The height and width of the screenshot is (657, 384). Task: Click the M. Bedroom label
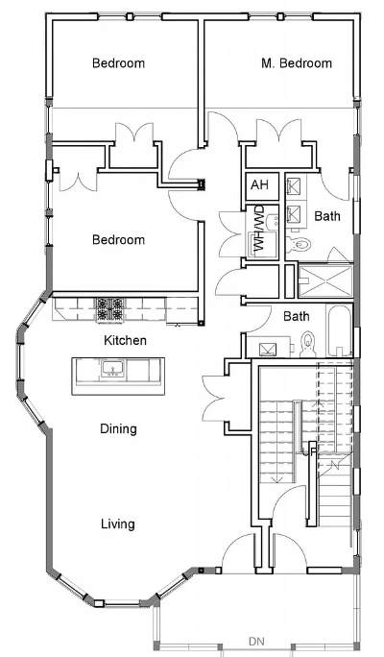tap(297, 63)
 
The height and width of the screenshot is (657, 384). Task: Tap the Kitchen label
tap(126, 340)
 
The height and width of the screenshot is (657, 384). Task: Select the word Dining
tap(118, 429)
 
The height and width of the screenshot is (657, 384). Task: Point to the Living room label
tap(118, 523)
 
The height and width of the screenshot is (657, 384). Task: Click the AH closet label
tap(259, 185)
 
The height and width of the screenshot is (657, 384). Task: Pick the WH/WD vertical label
tap(259, 231)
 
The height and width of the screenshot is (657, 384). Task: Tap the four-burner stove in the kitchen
tap(108, 309)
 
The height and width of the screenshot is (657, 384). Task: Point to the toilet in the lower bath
tap(308, 341)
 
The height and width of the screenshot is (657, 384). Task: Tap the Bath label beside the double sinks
tap(326, 217)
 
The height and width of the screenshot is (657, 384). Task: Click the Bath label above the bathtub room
tap(296, 315)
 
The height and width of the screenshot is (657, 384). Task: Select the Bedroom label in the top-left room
tap(118, 63)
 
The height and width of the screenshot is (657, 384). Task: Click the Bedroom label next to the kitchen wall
tap(118, 239)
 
